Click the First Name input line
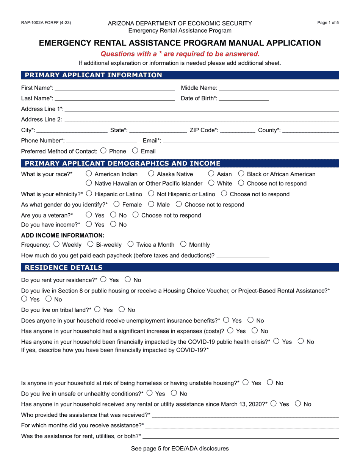tap(114, 88)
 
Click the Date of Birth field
tap(244, 99)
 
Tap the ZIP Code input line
tap(237, 130)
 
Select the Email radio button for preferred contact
tap(135, 151)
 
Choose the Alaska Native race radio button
tap(151, 174)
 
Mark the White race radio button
tap(211, 183)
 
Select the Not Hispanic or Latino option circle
tap(151, 194)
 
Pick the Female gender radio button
tap(117, 204)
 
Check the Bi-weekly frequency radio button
tap(91, 244)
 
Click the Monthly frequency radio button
tap(183, 244)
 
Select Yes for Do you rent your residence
tap(103, 280)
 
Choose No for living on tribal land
tap(122, 310)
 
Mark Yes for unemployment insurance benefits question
tap(226, 320)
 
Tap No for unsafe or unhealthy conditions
tap(174, 393)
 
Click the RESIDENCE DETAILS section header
tap(64, 267)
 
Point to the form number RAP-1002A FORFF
tap(46, 23)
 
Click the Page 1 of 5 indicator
tap(328, 23)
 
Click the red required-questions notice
tap(180, 54)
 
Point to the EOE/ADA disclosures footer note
tap(180, 449)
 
